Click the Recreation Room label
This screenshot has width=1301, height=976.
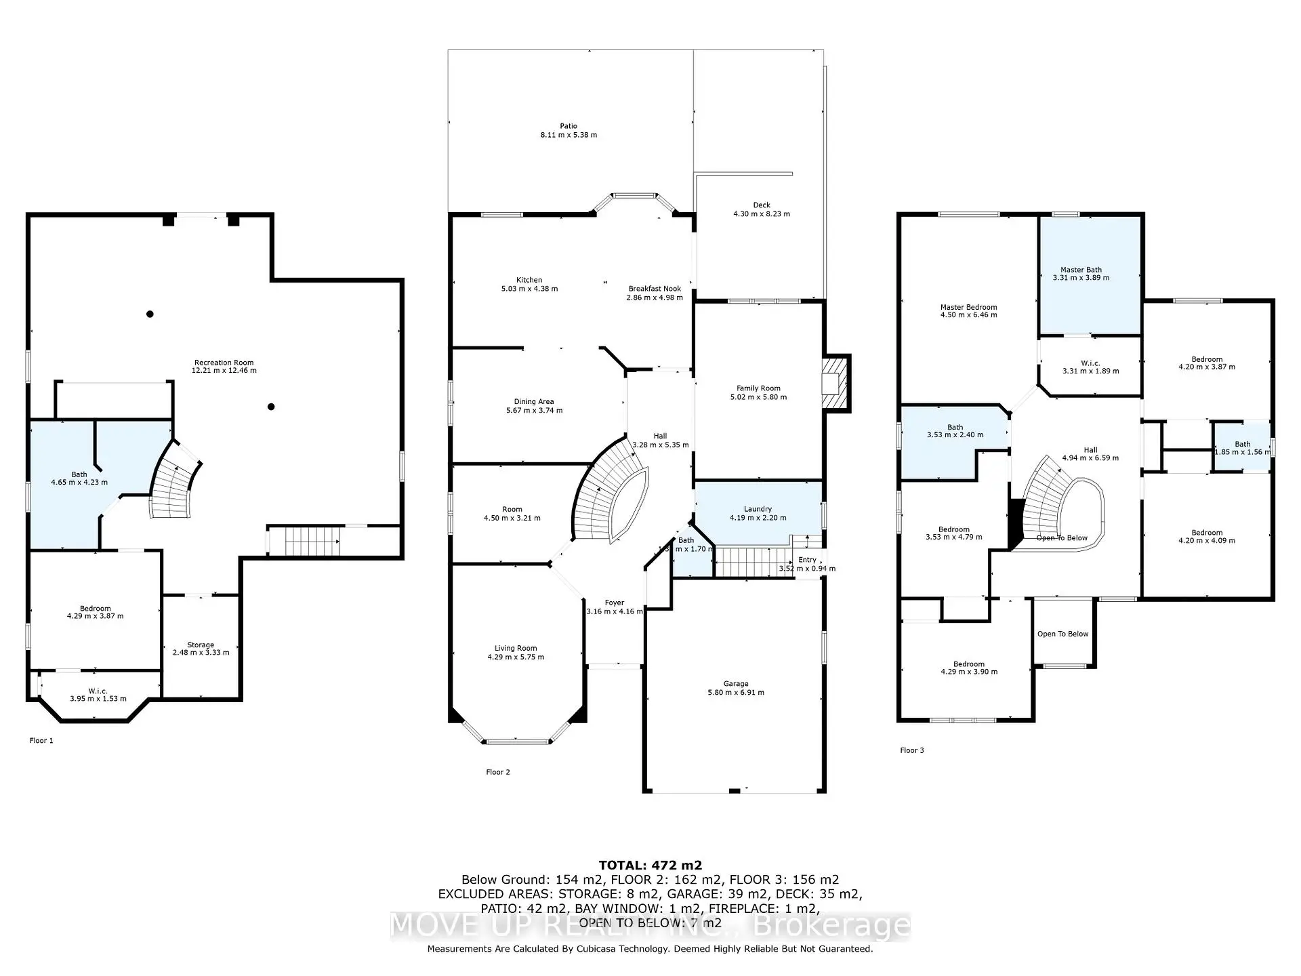224,363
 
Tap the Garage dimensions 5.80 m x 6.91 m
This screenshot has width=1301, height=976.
735,693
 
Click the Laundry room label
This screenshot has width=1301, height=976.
758,509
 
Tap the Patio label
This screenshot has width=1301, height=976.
569,126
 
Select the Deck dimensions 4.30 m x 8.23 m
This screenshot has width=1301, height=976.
761,214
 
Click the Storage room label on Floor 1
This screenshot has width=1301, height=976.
201,645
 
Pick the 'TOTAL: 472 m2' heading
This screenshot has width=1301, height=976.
650,865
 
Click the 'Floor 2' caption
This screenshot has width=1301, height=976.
498,772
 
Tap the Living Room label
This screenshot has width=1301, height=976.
515,648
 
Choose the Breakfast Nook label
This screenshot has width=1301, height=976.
655,289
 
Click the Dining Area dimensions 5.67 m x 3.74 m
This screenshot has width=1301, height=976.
534,411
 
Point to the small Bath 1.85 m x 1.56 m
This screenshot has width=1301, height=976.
1241,448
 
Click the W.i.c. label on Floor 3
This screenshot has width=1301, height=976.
1090,363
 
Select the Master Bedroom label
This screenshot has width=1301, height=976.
968,307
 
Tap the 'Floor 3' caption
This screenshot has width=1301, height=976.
911,750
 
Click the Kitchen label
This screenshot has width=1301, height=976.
529,280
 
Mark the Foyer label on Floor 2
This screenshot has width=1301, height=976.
615,603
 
